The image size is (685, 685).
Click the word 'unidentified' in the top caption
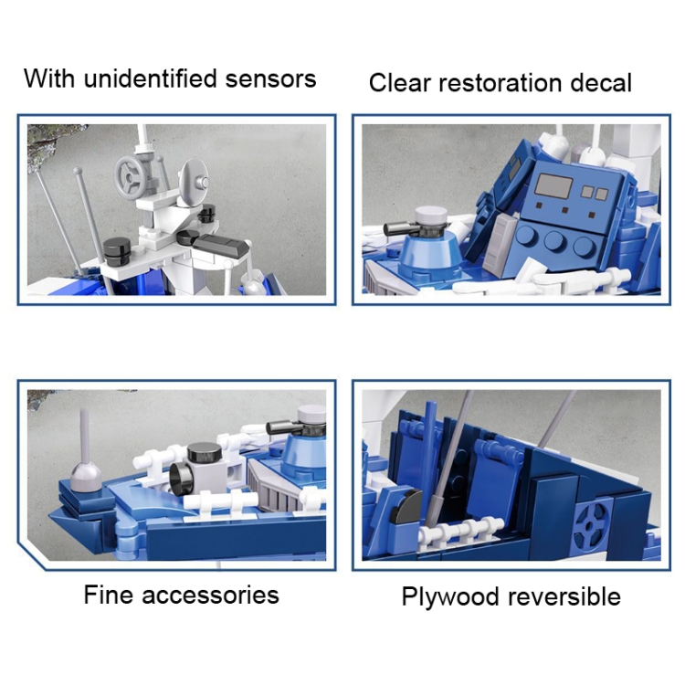click(x=151, y=79)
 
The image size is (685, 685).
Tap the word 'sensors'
click(x=271, y=79)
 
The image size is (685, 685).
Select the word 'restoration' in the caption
click(x=500, y=82)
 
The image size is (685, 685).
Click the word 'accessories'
click(x=210, y=595)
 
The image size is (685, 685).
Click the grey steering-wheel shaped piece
click(x=130, y=177)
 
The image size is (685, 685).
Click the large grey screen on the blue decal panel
click(x=553, y=186)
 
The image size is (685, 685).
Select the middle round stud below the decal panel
click(x=553, y=240)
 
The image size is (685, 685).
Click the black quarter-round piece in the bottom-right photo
click(x=406, y=506)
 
